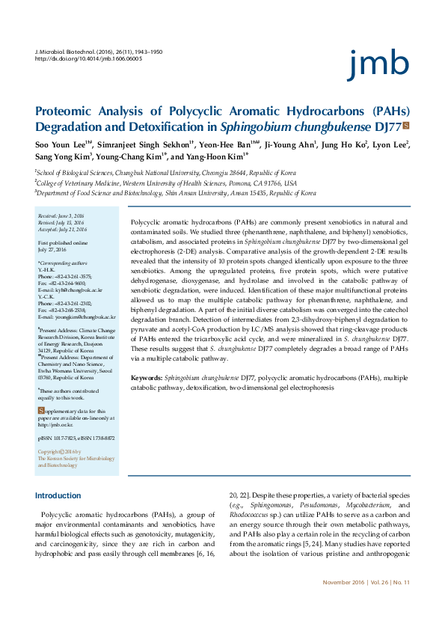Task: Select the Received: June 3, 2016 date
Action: [62, 215]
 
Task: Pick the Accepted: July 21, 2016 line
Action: [62, 229]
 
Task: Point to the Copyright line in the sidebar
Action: [59, 452]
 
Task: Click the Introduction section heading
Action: [58, 495]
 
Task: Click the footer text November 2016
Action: [344, 603]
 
